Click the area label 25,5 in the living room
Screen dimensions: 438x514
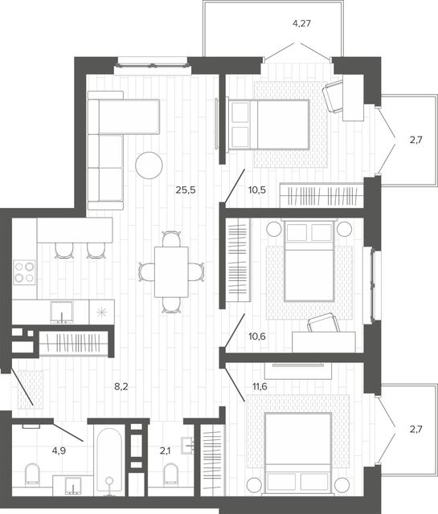(x=186, y=190)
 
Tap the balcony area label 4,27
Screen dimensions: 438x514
(x=301, y=23)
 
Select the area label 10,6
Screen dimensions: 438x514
(x=257, y=337)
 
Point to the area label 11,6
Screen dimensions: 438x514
(x=260, y=386)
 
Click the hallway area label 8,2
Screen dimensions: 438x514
(x=121, y=386)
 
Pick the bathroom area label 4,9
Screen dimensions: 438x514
(x=59, y=451)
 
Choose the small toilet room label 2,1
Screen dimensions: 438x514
(x=165, y=451)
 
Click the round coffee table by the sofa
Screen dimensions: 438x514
(x=149, y=165)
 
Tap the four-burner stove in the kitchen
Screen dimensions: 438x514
(x=24, y=272)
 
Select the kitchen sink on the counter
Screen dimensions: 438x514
(x=62, y=312)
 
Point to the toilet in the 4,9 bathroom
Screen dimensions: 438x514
(x=32, y=473)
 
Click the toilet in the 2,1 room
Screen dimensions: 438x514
(x=170, y=473)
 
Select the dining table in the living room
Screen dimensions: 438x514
(x=171, y=272)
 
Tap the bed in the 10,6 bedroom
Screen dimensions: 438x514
(x=309, y=260)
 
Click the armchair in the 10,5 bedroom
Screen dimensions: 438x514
(x=334, y=97)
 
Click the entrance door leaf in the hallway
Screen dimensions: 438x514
(x=22, y=386)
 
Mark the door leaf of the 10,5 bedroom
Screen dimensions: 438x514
(x=235, y=186)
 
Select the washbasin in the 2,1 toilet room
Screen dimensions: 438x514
(x=188, y=446)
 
